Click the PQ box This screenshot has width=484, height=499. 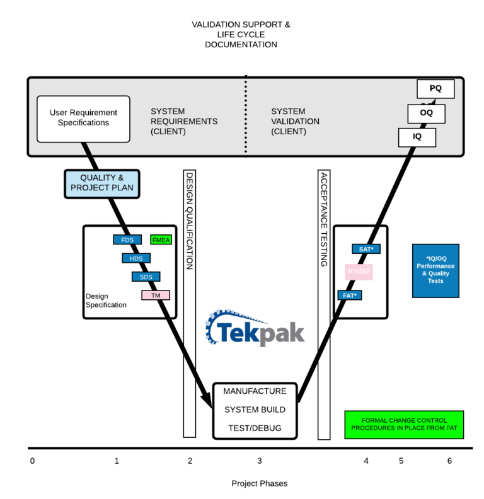click(x=435, y=89)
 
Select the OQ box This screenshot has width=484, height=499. click(x=426, y=113)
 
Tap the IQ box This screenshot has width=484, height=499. click(x=417, y=137)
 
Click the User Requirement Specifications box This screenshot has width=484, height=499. click(x=83, y=119)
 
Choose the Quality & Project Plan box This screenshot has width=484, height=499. click(x=102, y=184)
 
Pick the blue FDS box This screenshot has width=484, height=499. click(x=127, y=239)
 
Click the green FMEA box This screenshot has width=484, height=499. click(x=161, y=239)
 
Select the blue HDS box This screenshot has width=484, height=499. click(x=136, y=258)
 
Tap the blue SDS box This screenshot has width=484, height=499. click(x=146, y=277)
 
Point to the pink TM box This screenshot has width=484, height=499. click(x=156, y=295)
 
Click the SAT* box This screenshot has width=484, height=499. click(x=366, y=249)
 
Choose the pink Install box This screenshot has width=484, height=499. click(x=359, y=272)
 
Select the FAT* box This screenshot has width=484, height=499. click(x=350, y=295)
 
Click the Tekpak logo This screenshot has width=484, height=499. click(x=255, y=328)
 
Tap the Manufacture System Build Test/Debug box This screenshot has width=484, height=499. click(x=255, y=411)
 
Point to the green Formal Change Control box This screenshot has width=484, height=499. click(x=404, y=425)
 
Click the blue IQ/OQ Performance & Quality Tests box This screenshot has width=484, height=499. click(x=435, y=270)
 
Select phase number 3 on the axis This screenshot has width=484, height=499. click(x=260, y=461)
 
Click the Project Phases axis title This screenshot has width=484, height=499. click(x=260, y=483)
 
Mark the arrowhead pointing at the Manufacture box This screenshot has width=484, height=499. click(x=207, y=400)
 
